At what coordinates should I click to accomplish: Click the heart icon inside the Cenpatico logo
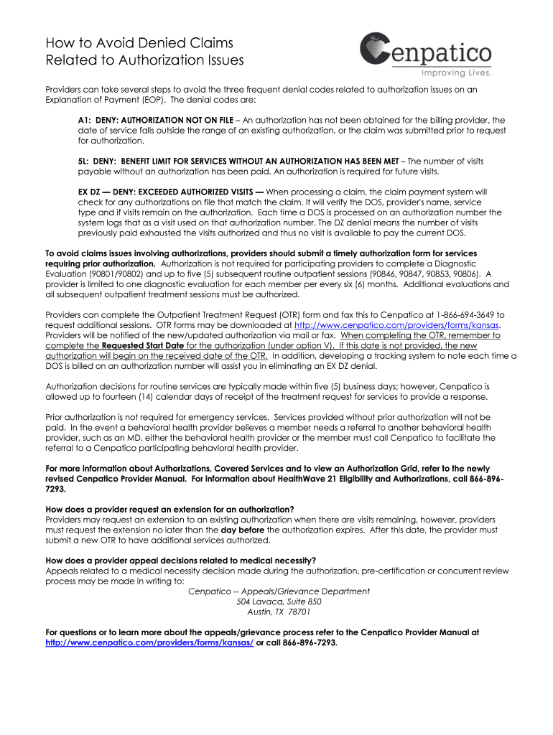point(376,49)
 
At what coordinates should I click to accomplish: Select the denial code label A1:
point(85,120)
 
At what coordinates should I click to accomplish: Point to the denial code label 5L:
point(85,161)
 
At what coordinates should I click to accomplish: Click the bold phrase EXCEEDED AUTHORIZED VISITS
point(197,192)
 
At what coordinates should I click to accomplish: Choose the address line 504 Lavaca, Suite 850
point(279,601)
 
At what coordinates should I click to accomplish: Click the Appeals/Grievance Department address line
point(279,591)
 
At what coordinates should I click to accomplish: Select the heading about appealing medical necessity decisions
point(180,561)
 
